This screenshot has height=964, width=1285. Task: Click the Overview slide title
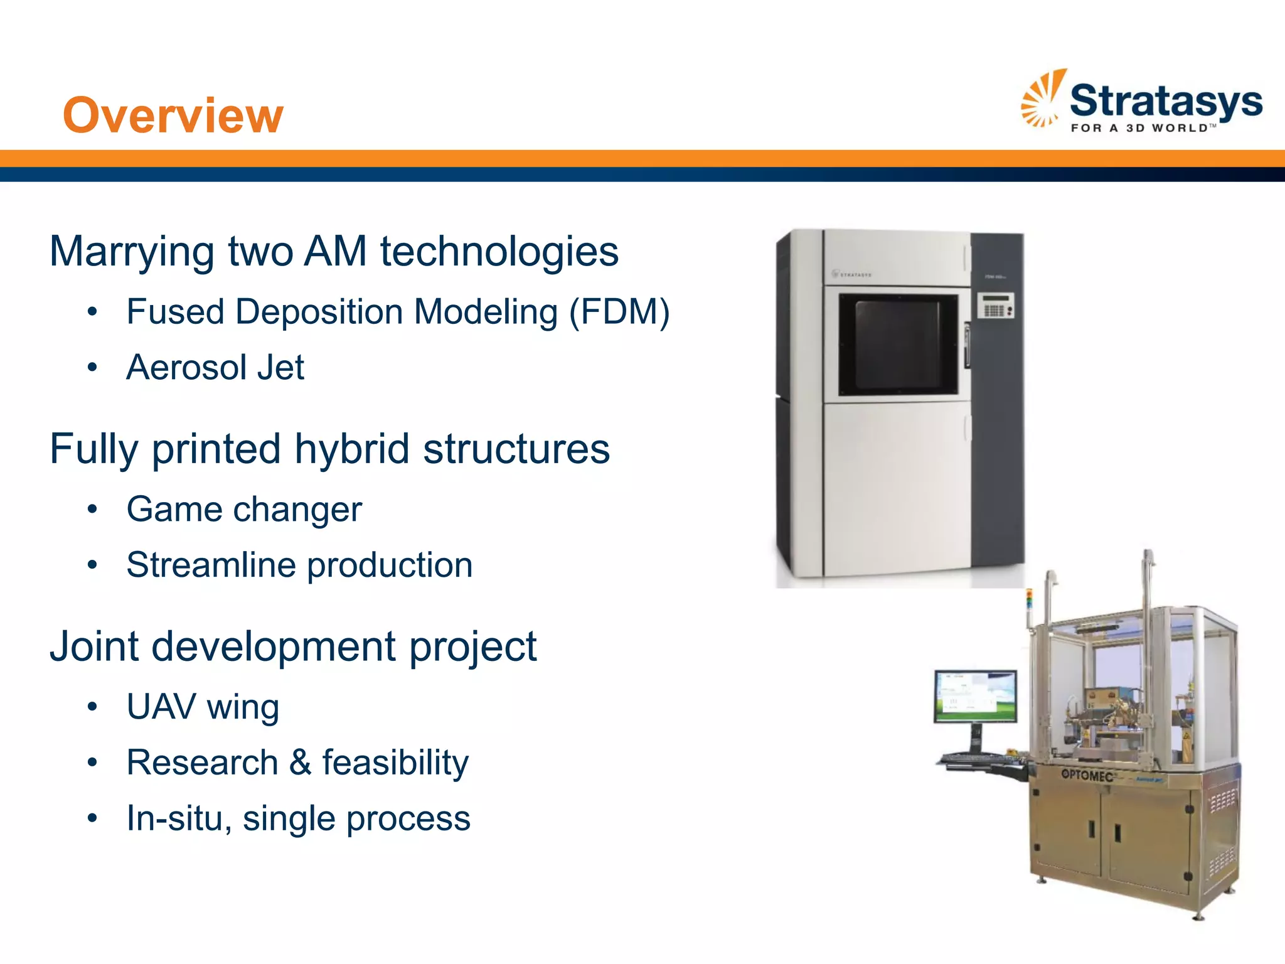(x=173, y=115)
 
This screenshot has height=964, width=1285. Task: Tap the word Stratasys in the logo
(x=1165, y=102)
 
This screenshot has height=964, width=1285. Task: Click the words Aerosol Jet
(x=215, y=367)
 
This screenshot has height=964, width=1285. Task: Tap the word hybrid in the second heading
(x=352, y=449)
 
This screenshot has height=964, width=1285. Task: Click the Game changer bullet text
(x=244, y=509)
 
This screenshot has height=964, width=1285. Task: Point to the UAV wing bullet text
(x=203, y=707)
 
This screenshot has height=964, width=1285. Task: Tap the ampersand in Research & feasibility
(x=300, y=763)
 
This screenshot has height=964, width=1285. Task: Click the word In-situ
(x=174, y=818)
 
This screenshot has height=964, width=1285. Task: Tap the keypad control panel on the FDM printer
(x=995, y=306)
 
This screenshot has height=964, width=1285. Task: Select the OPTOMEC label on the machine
(x=1086, y=776)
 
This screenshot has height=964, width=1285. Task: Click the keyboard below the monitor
(x=979, y=759)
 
